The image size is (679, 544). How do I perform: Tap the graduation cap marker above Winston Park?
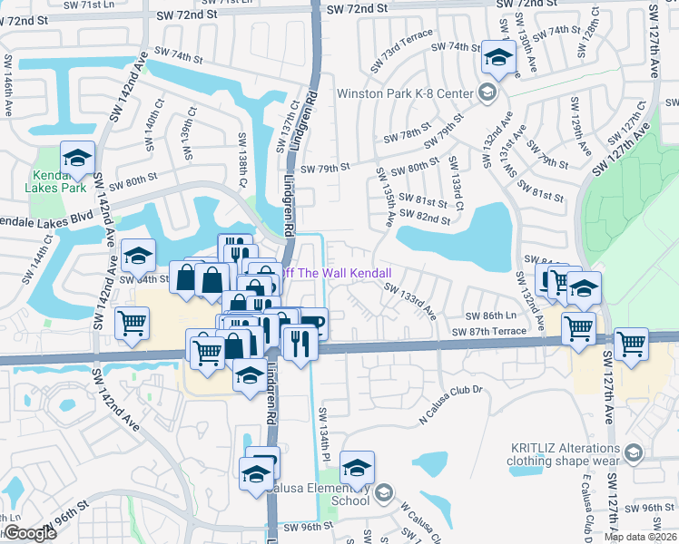(497, 57)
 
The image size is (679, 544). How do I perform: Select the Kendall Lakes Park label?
(58, 180)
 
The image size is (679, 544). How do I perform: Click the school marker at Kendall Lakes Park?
(78, 159)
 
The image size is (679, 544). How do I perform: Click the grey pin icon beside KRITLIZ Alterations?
(634, 452)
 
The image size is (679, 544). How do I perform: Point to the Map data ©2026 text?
(640, 537)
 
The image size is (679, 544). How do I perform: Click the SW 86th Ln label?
(490, 316)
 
